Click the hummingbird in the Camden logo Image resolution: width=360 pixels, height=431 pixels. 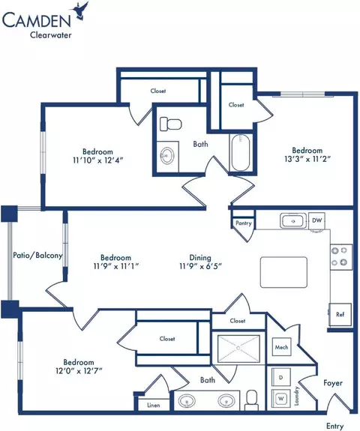pyautogui.click(x=81, y=11)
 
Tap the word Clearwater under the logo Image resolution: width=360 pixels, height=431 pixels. pyautogui.click(x=50, y=35)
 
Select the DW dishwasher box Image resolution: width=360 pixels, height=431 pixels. pyautogui.click(x=316, y=220)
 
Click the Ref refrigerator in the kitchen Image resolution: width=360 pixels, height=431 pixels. pyautogui.click(x=340, y=314)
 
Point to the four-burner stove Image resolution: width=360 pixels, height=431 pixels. pyautogui.click(x=341, y=257)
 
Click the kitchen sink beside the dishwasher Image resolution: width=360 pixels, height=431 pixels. pyautogui.click(x=293, y=220)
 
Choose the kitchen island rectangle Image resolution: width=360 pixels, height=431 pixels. pyautogui.click(x=283, y=272)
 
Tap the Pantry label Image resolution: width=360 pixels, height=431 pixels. pyautogui.click(x=244, y=223)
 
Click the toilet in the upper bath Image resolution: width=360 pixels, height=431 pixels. pyautogui.click(x=170, y=124)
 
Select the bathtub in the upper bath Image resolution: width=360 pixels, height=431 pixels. pyautogui.click(x=241, y=153)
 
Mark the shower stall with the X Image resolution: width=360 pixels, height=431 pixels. pyautogui.click(x=238, y=349)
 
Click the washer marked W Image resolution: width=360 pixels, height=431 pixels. pyautogui.click(x=280, y=398)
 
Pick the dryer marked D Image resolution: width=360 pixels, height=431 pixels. pyautogui.click(x=280, y=377)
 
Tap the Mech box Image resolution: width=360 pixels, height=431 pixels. pyautogui.click(x=281, y=347)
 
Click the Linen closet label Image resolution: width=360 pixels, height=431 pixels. pyautogui.click(x=154, y=406)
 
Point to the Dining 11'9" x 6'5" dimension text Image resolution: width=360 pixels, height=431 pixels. pyautogui.click(x=200, y=262)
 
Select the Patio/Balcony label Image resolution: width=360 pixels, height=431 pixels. pyautogui.click(x=37, y=256)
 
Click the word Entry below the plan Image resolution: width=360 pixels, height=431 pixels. pyautogui.click(x=334, y=426)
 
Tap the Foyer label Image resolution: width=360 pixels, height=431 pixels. pyautogui.click(x=333, y=383)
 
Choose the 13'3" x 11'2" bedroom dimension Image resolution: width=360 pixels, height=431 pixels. pyautogui.click(x=307, y=159)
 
